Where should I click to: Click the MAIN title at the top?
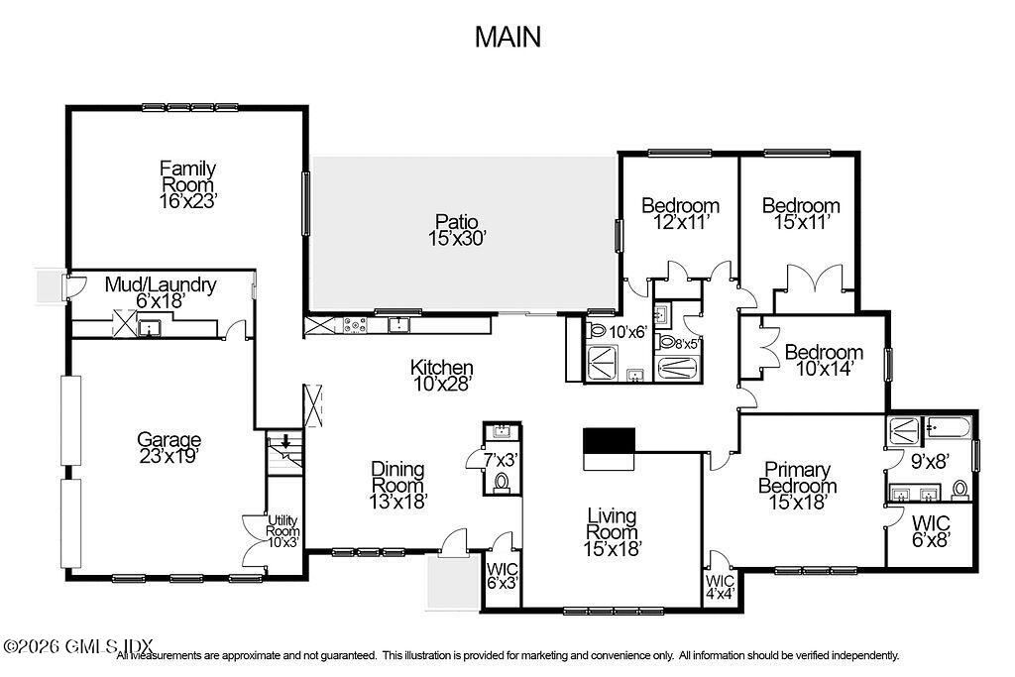coord(507,37)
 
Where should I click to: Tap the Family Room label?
coord(188,184)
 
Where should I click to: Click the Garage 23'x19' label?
coord(169,448)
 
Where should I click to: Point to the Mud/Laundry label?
coord(160,292)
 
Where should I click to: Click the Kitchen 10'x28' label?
coord(441,375)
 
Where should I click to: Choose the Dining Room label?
coord(397,485)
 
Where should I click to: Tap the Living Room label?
coord(612,531)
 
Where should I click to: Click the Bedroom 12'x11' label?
coord(680,214)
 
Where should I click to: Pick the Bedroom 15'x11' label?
coord(801,214)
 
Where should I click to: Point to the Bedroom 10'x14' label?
coord(824,361)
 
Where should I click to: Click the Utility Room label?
coord(282,530)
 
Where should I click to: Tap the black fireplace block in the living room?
coord(608,440)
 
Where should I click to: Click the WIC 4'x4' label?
coord(720,586)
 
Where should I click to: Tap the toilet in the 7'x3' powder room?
coord(502,482)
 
